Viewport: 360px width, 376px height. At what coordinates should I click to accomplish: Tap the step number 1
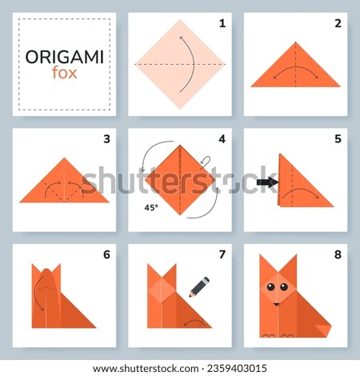coord(221,22)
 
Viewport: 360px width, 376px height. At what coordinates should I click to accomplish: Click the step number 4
coord(221,138)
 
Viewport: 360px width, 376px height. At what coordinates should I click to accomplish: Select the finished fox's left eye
coord(270,286)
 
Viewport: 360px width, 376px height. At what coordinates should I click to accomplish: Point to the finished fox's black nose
coord(277,303)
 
